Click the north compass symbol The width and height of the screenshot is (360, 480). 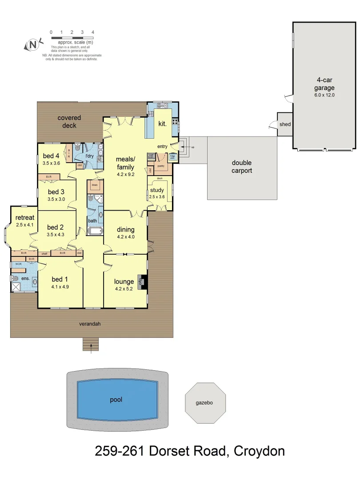[x=33, y=44]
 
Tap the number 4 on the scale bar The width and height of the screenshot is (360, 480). [x=93, y=32]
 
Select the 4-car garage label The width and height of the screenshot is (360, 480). [x=325, y=87]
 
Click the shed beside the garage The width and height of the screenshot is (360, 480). [x=285, y=124]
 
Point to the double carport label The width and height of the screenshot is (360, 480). [x=242, y=167]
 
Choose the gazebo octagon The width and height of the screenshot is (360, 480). [x=205, y=403]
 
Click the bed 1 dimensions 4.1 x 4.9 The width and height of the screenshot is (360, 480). [x=60, y=287]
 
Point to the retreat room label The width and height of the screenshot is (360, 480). [x=24, y=218]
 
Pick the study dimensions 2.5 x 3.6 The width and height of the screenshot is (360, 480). [x=157, y=196]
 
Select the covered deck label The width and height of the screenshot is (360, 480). [x=69, y=121]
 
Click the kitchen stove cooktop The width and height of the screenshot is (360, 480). [x=175, y=122]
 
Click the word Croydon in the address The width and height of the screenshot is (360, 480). [x=259, y=452]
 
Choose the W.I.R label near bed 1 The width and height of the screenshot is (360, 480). [x=18, y=264]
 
